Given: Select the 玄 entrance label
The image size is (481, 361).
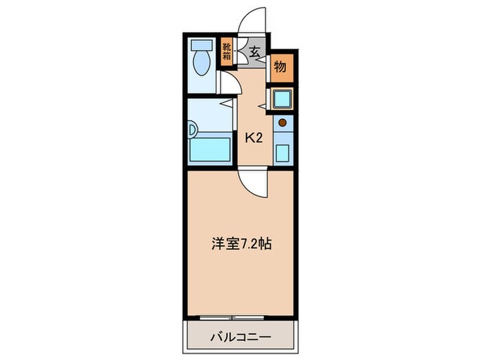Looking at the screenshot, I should (x=254, y=52).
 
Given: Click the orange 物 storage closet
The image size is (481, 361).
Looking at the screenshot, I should (x=280, y=67).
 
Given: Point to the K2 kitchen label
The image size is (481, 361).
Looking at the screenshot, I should (x=254, y=138).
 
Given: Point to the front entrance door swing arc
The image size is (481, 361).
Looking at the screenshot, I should (x=251, y=19).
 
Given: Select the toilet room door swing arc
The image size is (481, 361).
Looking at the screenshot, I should (x=230, y=84).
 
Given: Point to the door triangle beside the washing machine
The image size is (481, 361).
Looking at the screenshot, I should (x=262, y=105).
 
